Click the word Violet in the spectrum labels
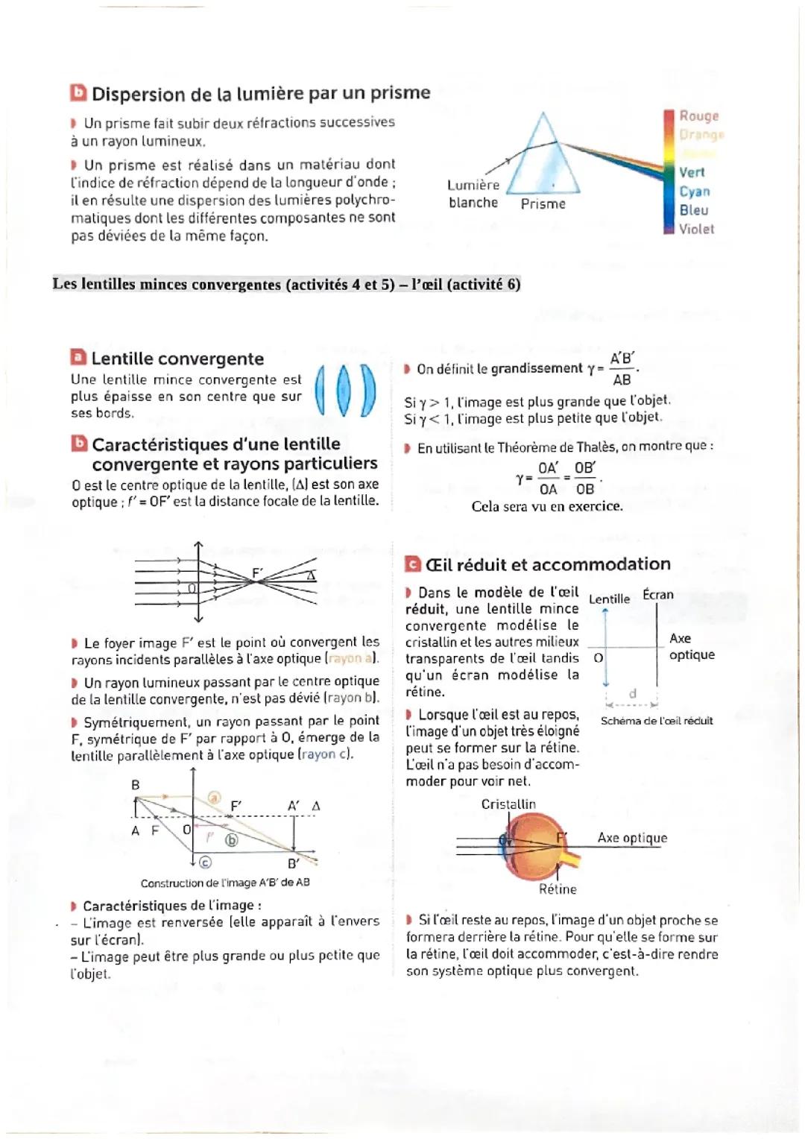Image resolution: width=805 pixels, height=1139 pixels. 696,229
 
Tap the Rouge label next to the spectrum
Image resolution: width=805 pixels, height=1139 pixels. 698,116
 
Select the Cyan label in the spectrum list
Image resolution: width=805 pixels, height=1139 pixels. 694,192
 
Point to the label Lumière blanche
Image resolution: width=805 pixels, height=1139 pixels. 473,194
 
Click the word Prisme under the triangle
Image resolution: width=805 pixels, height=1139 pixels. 543,204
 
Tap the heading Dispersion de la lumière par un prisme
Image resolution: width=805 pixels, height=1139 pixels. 260,93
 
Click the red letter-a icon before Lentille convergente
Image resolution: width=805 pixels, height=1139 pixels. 78,358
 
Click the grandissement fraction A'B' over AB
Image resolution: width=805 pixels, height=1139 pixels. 622,369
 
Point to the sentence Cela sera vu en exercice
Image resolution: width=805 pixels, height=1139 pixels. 546,506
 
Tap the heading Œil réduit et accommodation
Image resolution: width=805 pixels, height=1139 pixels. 547,564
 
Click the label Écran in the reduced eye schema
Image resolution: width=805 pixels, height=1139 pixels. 657,594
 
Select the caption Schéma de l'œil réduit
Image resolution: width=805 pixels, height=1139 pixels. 656,721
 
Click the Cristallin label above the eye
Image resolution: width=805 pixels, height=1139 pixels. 508,804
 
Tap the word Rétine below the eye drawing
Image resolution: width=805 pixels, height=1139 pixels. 558,889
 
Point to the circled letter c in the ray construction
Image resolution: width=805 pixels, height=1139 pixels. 205,862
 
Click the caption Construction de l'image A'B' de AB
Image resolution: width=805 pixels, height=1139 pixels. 225,883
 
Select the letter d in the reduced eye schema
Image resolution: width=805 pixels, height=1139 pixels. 633,693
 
